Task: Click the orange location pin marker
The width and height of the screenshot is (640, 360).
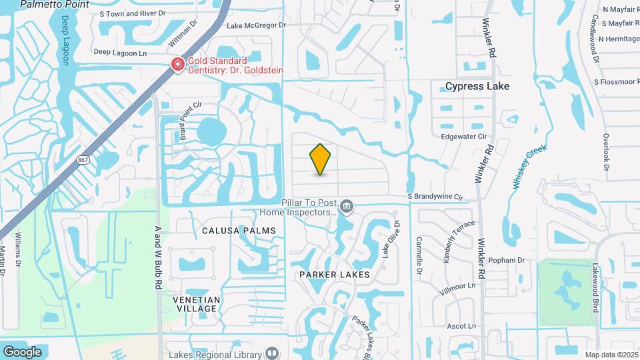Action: (x=321, y=159)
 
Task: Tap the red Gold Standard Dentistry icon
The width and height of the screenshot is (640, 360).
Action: (x=177, y=65)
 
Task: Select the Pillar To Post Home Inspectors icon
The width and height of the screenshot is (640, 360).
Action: (x=347, y=206)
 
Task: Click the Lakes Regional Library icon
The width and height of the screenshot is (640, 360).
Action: (x=272, y=353)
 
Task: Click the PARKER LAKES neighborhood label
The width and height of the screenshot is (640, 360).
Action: (x=334, y=275)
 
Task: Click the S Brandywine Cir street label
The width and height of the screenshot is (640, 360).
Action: (x=435, y=197)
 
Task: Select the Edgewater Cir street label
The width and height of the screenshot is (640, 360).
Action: (x=464, y=136)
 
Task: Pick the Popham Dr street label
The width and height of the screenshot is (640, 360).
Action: (x=507, y=260)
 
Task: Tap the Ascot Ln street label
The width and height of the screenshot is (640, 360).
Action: (x=461, y=326)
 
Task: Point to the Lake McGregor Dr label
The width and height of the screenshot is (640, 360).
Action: (x=256, y=25)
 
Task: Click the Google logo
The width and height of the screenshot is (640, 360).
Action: (x=22, y=351)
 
